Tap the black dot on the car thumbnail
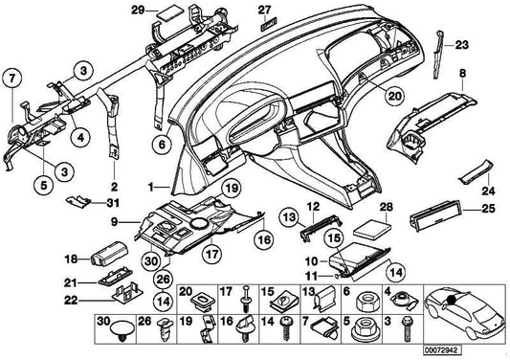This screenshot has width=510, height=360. (x=451, y=299)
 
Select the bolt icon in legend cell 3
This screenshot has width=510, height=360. (x=407, y=328)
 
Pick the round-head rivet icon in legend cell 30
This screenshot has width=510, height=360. (x=122, y=331)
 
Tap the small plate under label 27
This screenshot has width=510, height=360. (x=269, y=23)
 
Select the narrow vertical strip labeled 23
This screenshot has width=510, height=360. (x=438, y=55)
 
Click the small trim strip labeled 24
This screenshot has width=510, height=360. (x=476, y=171)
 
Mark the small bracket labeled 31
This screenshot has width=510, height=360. (x=78, y=201)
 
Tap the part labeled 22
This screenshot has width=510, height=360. (x=128, y=293)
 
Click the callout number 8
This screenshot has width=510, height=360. (x=462, y=73)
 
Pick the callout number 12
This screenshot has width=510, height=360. (x=313, y=207)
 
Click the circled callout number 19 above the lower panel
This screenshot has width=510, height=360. (x=233, y=189)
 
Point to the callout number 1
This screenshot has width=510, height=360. (x=150, y=187)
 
